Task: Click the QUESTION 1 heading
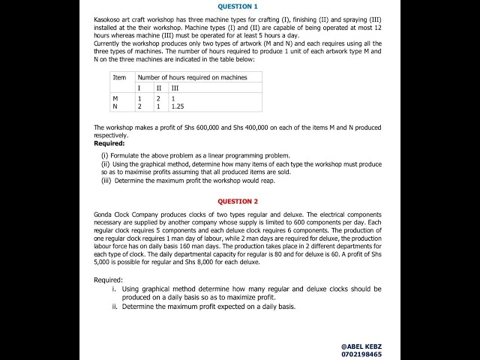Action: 237,6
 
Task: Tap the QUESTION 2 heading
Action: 237,201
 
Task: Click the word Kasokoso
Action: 109,17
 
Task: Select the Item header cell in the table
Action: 119,77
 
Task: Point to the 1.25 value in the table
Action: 178,106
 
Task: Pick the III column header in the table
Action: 175,88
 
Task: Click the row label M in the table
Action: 115,98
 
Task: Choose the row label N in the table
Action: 115,106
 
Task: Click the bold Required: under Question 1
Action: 109,143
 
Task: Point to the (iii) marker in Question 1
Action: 106,180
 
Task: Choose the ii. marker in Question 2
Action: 115,306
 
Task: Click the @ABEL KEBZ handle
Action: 361,346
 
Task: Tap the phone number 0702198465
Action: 361,354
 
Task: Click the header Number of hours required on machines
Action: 192,77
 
